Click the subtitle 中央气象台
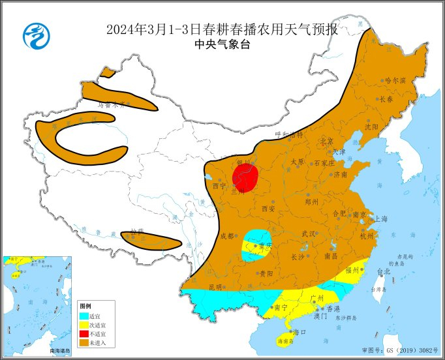(222, 44)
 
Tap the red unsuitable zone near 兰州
(245, 176)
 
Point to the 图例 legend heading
(85, 307)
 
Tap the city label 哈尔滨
(395, 81)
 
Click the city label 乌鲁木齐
(110, 104)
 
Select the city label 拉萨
(136, 232)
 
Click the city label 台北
(382, 271)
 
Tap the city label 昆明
(215, 287)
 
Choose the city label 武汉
(308, 233)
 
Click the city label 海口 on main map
(299, 332)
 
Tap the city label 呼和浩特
(290, 135)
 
